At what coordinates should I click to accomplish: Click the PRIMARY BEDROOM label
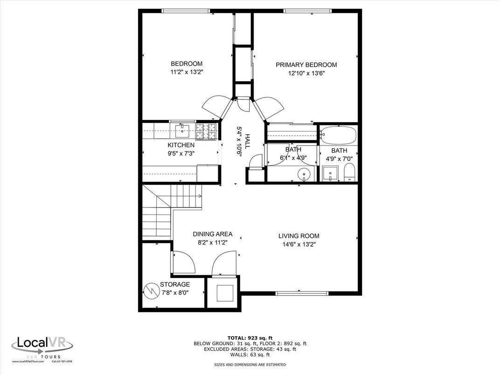306,65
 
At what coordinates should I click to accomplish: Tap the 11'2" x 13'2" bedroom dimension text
187,72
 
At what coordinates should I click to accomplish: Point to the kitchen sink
182,129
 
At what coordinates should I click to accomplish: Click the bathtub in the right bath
339,135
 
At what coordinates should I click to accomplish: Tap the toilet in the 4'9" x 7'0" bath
349,174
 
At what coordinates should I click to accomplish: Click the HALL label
247,141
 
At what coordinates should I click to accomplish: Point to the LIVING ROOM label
299,236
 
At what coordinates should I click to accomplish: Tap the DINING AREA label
213,234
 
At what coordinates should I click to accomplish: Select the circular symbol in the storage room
151,291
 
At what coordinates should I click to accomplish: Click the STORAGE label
175,285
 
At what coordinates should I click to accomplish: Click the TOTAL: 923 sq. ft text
250,338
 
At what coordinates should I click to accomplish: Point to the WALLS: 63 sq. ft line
250,354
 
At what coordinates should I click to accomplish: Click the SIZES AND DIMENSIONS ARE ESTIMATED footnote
250,365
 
